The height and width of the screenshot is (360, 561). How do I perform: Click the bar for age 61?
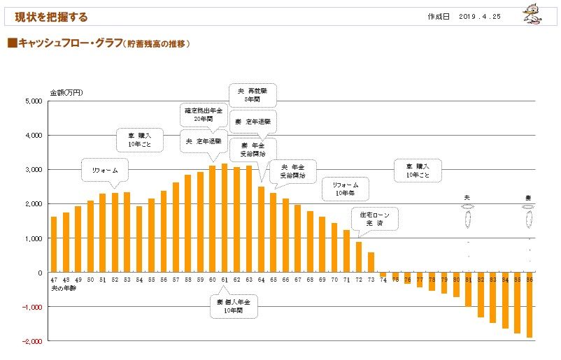click(x=225, y=218)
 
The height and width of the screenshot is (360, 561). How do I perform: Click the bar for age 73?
click(x=371, y=262)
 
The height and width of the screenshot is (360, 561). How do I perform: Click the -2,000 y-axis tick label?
click(x=33, y=341)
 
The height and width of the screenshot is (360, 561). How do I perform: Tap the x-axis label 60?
click(x=213, y=280)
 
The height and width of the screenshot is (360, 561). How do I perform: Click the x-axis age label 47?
click(x=54, y=280)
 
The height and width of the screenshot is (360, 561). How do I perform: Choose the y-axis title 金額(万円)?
click(x=66, y=92)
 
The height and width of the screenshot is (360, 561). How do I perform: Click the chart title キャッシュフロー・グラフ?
click(x=70, y=43)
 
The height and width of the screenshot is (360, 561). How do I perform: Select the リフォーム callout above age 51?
click(x=105, y=171)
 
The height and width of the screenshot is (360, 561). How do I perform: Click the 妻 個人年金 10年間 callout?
click(x=233, y=305)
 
